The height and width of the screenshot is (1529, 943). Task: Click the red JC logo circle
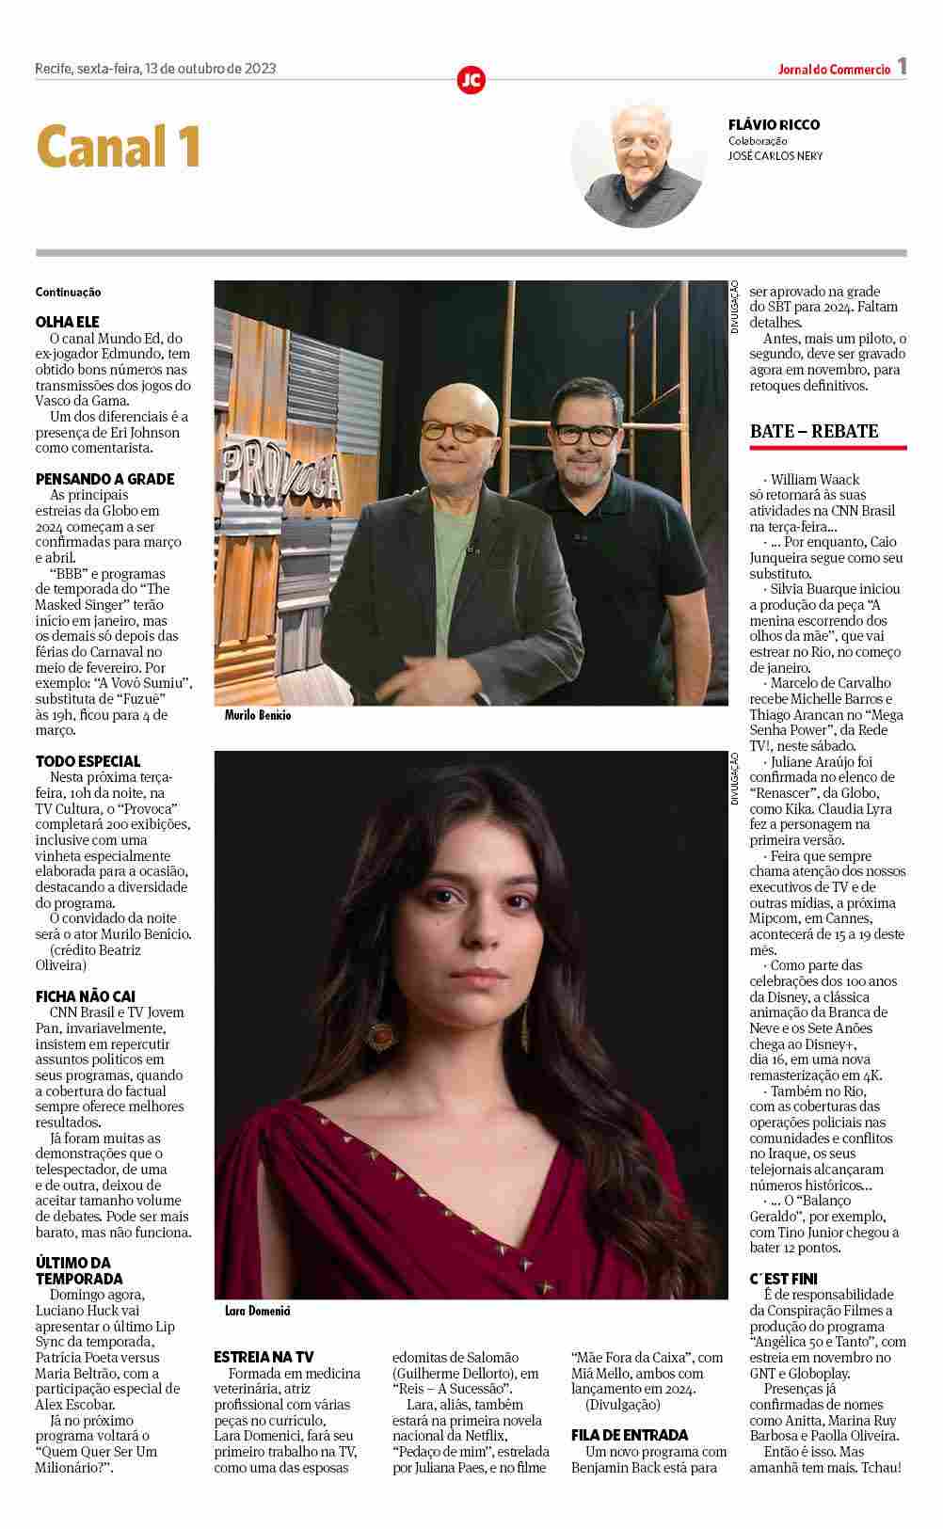click(x=471, y=80)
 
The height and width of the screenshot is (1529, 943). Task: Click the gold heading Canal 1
click(x=119, y=147)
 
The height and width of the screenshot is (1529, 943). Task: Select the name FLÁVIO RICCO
click(x=774, y=124)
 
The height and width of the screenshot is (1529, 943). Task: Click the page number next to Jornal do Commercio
click(x=902, y=67)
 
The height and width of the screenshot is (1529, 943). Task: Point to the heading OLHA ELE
click(x=68, y=322)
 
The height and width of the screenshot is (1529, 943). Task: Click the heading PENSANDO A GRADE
click(x=105, y=479)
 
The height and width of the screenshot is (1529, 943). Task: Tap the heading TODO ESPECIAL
click(x=88, y=761)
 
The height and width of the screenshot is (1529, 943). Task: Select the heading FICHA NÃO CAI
click(x=86, y=996)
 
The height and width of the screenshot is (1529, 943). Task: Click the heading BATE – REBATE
click(x=814, y=432)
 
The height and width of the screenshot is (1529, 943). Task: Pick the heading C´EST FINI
click(x=784, y=1279)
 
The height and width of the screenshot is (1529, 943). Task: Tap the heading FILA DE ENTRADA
click(x=630, y=1435)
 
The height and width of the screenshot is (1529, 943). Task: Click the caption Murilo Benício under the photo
click(x=258, y=716)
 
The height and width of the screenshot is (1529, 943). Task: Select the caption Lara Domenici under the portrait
click(x=258, y=1310)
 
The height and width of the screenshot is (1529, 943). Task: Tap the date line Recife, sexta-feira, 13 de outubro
click(x=155, y=68)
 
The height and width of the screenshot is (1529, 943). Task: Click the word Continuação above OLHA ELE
click(x=69, y=293)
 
